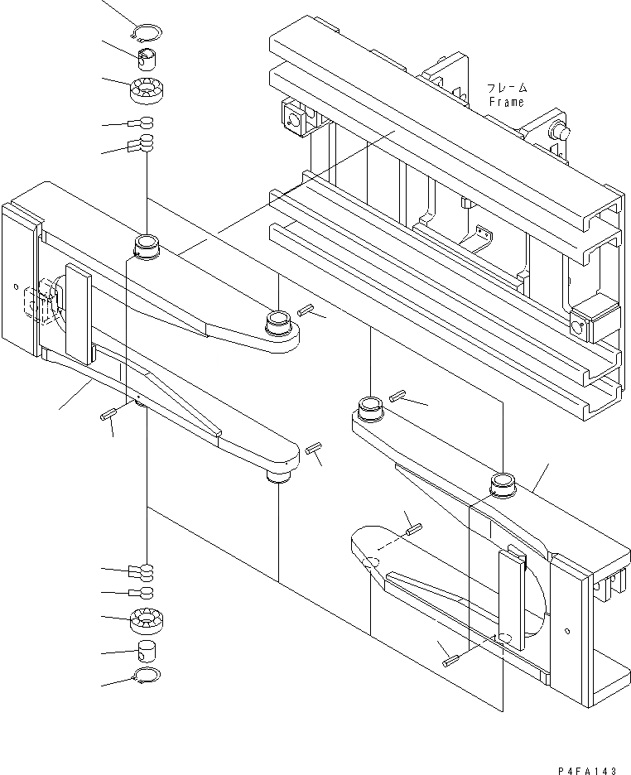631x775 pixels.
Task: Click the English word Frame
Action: (x=505, y=102)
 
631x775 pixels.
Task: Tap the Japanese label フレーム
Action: (x=506, y=88)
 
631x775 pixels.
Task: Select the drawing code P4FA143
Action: (x=587, y=769)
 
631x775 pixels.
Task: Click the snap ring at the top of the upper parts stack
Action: (x=147, y=32)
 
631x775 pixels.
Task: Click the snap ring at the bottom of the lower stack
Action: (x=147, y=677)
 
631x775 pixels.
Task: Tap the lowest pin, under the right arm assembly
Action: (x=450, y=661)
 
